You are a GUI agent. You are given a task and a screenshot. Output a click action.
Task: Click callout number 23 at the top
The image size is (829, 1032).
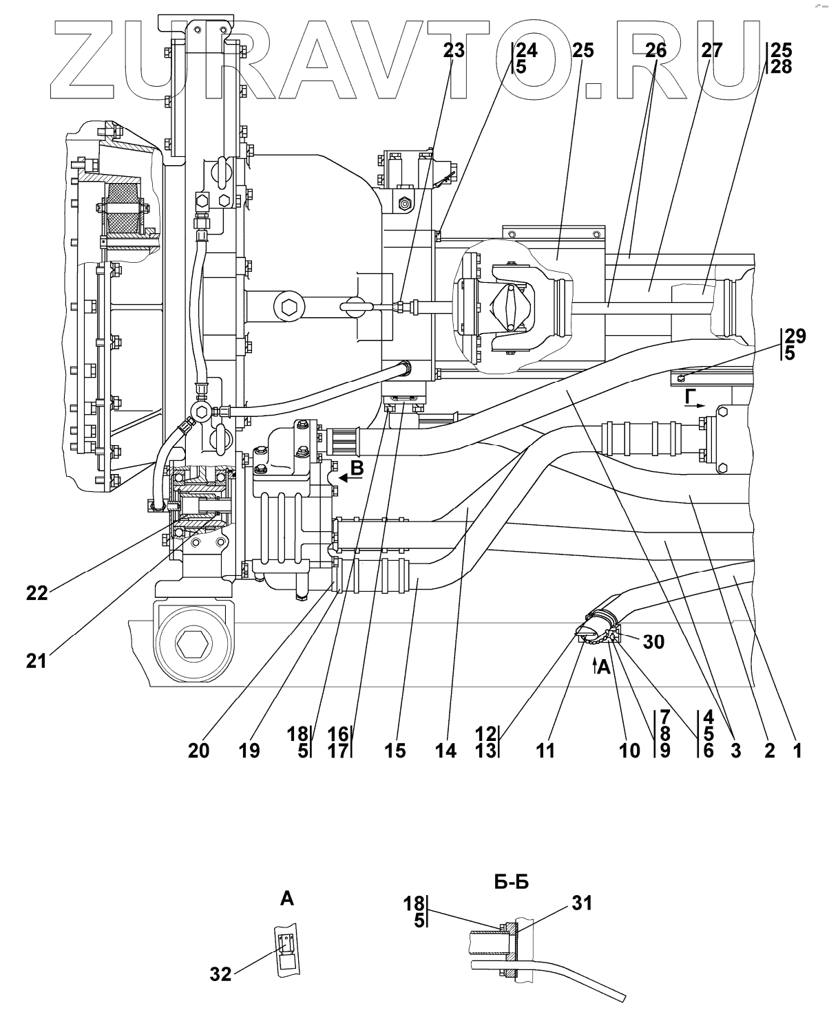pyautogui.click(x=454, y=50)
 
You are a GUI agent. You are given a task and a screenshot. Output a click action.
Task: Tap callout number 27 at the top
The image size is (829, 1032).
pyautogui.click(x=711, y=50)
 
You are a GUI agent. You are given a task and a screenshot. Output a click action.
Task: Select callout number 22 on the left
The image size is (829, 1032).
pyautogui.click(x=37, y=594)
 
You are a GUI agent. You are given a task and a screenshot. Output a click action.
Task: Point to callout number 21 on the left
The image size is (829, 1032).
pyautogui.click(x=36, y=661)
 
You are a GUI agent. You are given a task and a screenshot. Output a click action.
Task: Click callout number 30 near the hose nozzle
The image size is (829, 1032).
pyautogui.click(x=653, y=642)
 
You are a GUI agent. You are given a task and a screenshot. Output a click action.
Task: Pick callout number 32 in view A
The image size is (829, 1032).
pyautogui.click(x=220, y=974)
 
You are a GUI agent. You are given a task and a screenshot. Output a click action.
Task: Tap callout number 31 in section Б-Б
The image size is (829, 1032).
pyautogui.click(x=582, y=903)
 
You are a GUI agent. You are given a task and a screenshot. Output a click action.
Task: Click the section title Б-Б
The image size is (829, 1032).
pyautogui.click(x=512, y=882)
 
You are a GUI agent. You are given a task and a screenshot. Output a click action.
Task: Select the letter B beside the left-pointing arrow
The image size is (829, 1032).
pyautogui.click(x=357, y=468)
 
